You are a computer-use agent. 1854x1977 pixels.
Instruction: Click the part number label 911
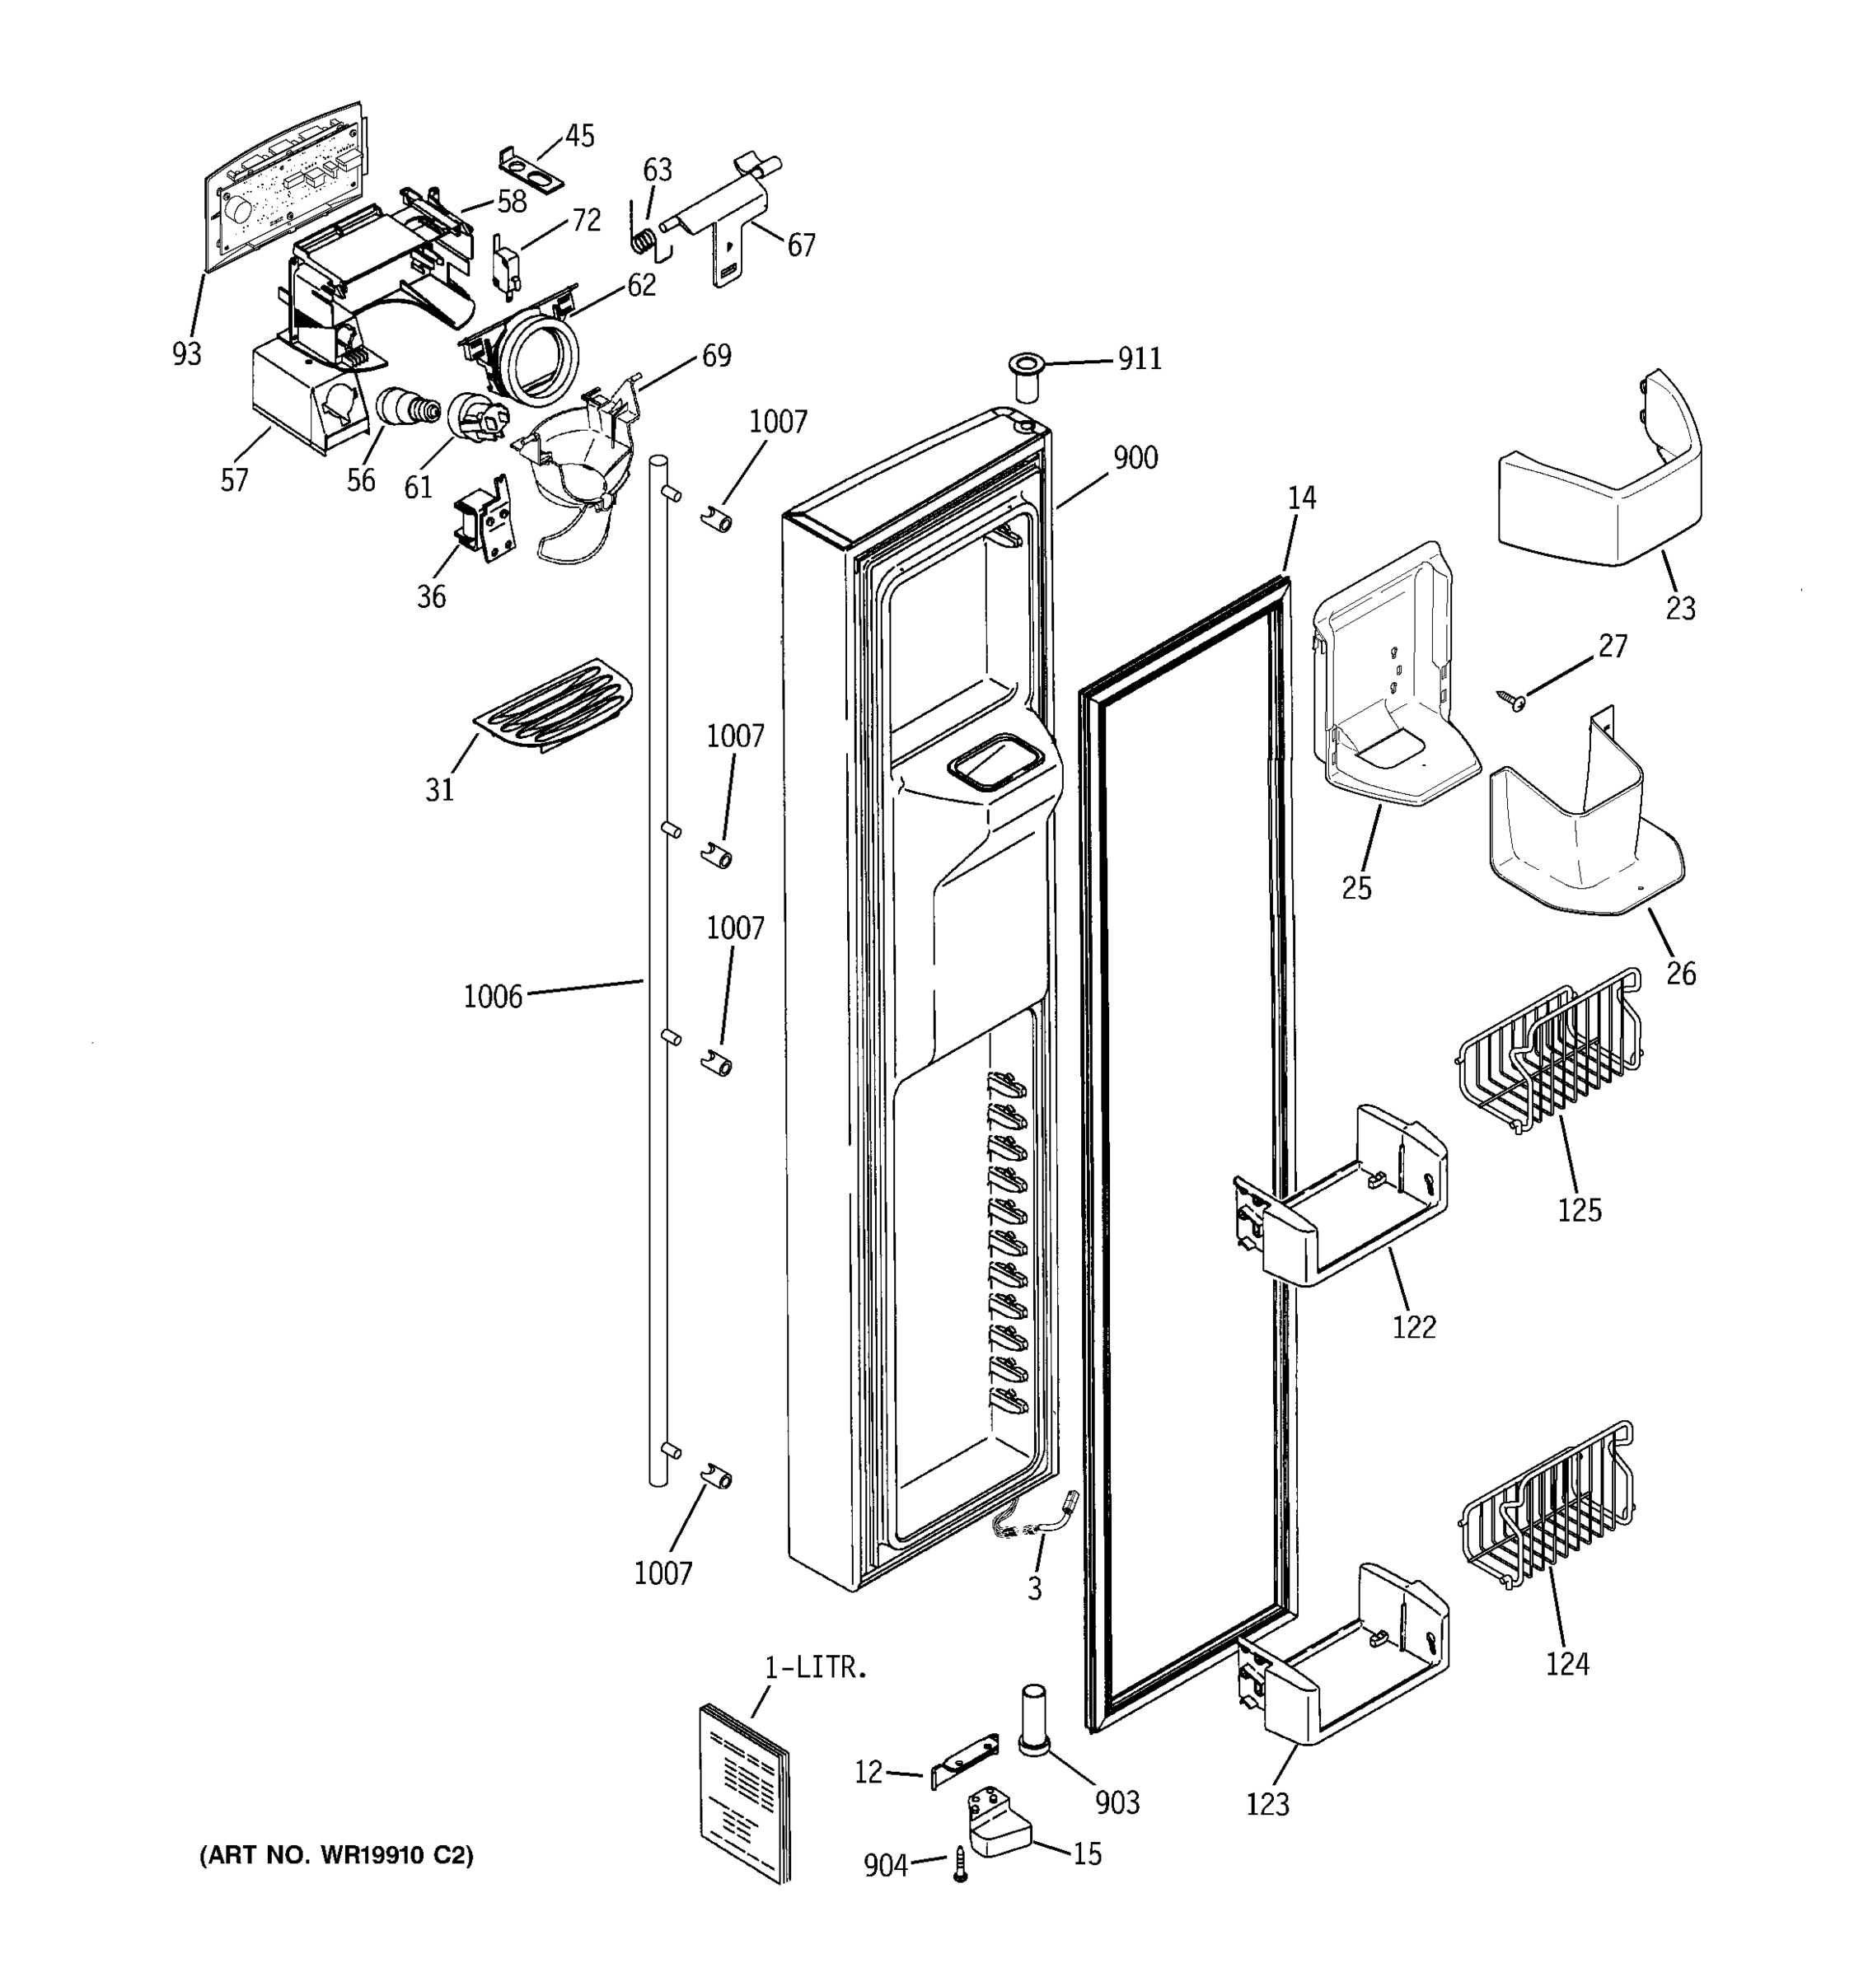1139,359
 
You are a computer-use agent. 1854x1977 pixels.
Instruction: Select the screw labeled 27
1514,700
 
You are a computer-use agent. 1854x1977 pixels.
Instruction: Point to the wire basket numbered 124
1547,1506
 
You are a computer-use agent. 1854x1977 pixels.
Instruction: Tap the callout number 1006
493,997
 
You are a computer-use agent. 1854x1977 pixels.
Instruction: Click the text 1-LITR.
816,1668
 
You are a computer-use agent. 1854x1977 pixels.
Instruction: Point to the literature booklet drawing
744,1793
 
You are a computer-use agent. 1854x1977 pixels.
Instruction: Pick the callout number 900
1135,459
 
